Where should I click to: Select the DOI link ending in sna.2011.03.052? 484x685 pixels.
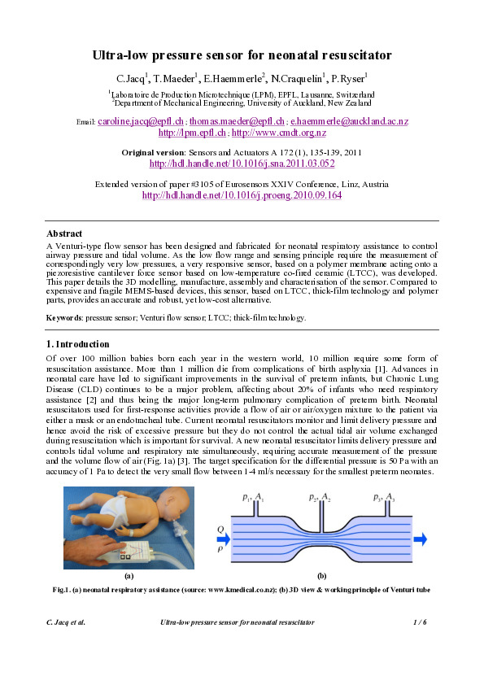point(242,164)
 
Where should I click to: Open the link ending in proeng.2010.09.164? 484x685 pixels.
point(242,195)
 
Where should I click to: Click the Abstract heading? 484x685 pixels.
point(64,233)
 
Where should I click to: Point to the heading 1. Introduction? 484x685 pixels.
point(77,344)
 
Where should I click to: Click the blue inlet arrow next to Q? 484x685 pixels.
point(221,538)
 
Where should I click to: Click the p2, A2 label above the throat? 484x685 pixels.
point(319,495)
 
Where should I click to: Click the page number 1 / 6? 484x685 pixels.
point(421,622)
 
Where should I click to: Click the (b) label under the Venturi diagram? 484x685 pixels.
point(321,575)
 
